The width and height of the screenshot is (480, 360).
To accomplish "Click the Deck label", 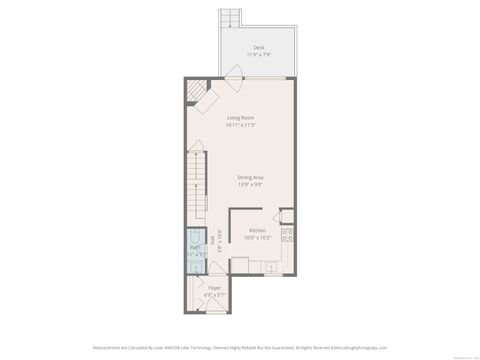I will (258, 47).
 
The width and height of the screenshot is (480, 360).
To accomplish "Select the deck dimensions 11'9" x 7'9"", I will (258, 54).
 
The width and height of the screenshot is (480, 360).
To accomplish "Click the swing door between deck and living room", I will (234, 72).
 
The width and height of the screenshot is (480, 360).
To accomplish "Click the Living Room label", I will (240, 118).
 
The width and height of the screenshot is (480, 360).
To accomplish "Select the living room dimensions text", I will (240, 125).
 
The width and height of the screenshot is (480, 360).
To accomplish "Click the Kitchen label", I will (257, 230).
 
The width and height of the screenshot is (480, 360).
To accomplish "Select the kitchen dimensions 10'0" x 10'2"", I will (257, 237).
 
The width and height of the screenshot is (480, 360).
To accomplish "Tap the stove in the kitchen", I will (288, 236).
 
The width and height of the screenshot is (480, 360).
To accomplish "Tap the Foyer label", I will (214, 288).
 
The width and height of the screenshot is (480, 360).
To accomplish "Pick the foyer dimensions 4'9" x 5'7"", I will (214, 295).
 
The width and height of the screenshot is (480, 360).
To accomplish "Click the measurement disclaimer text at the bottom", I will (240, 347).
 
